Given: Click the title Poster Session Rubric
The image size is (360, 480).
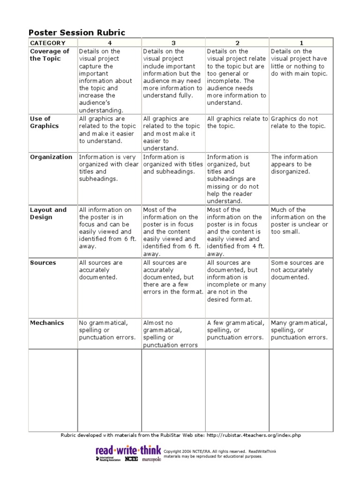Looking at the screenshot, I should pyautogui.click(x=77, y=32).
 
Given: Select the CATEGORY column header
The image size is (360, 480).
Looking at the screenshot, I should pyautogui.click(x=48, y=43).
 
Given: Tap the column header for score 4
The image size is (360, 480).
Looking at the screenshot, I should pyautogui.click(x=110, y=43).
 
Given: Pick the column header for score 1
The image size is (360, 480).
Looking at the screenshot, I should pyautogui.click(x=300, y=43).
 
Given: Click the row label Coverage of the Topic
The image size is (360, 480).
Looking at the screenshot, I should pyautogui.click(x=49, y=55).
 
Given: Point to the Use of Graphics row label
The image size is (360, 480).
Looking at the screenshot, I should pyautogui.click(x=45, y=122).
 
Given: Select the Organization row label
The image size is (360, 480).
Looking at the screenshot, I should pyautogui.click(x=51, y=157).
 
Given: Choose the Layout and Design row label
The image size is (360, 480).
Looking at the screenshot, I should pyautogui.click(x=48, y=214).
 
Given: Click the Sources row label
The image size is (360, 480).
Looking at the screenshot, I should pyautogui.click(x=43, y=263).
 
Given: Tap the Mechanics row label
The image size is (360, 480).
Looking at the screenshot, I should pyautogui.click(x=47, y=323).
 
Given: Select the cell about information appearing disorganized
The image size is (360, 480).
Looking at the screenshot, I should pyautogui.click(x=294, y=164).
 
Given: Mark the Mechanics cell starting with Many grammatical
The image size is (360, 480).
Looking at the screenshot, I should pyautogui.click(x=299, y=330).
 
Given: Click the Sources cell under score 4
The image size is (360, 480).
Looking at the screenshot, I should pyautogui.click(x=101, y=270).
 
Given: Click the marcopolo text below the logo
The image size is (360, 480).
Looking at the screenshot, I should pyautogui.click(x=151, y=459).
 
